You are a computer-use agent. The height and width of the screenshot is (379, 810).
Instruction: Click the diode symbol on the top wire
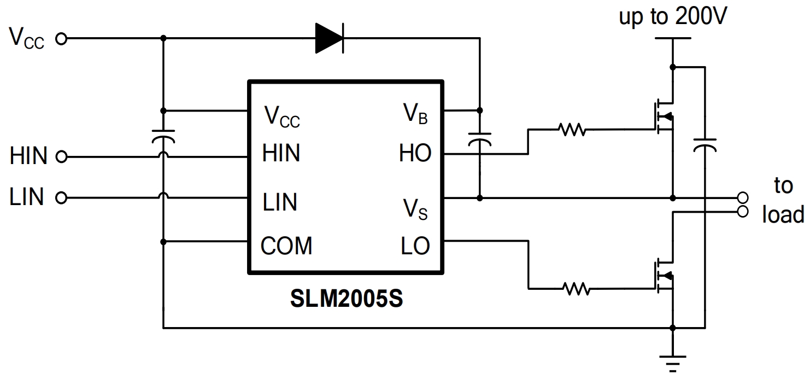pyautogui.click(x=330, y=38)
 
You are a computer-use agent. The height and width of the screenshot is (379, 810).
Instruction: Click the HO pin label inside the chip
pyautogui.click(x=415, y=154)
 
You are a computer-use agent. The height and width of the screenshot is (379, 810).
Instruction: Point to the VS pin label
pyautogui.click(x=415, y=209)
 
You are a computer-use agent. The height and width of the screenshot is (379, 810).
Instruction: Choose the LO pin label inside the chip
pyautogui.click(x=415, y=247)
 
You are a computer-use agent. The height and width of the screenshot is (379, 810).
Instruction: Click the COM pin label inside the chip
pyautogui.click(x=286, y=247)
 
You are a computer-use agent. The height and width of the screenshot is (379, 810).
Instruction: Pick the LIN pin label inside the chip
pyautogui.click(x=280, y=202)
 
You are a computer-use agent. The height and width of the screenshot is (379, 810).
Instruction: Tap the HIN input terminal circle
pyautogui.click(x=61, y=158)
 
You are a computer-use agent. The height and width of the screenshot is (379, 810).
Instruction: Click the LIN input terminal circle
pyautogui.click(x=61, y=198)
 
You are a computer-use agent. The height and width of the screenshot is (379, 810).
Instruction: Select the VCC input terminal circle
pyautogui.click(x=61, y=39)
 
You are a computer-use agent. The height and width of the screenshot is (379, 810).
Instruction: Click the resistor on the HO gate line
pyautogui.click(x=572, y=130)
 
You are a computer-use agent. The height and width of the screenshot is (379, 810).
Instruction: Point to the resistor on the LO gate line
pyautogui.click(x=576, y=288)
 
